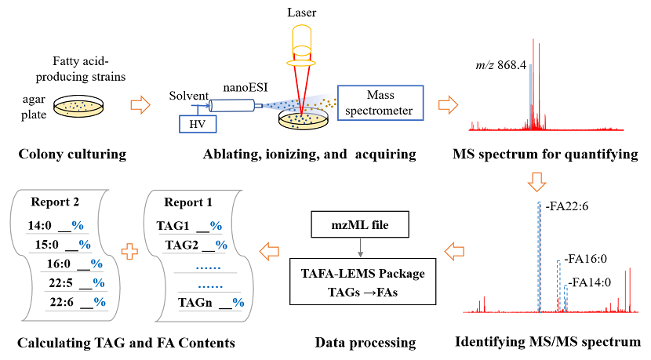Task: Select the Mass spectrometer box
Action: click(380, 104)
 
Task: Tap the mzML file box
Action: click(359, 226)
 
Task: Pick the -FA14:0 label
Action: click(591, 281)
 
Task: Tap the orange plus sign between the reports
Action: click(133, 253)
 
